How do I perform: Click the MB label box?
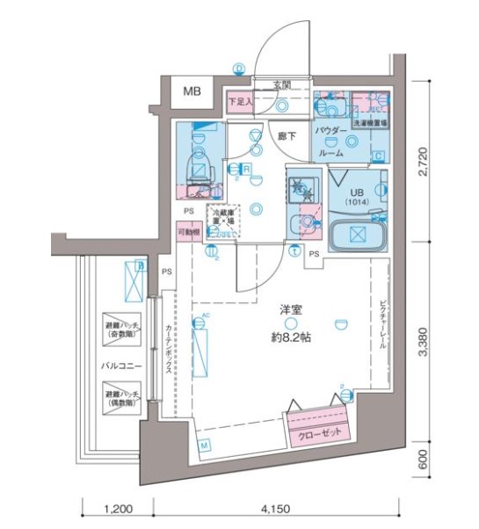pyautogui.click(x=191, y=91)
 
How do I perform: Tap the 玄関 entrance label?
pyautogui.click(x=281, y=85)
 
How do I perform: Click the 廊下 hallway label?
pyautogui.click(x=287, y=136)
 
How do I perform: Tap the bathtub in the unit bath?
pyautogui.click(x=358, y=236)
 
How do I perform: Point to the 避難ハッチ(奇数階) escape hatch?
pyautogui.click(x=124, y=328)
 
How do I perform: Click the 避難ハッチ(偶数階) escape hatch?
pyautogui.click(x=124, y=395)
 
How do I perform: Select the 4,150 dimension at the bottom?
pyautogui.click(x=276, y=508)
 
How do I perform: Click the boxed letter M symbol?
pyautogui.click(x=204, y=446)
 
